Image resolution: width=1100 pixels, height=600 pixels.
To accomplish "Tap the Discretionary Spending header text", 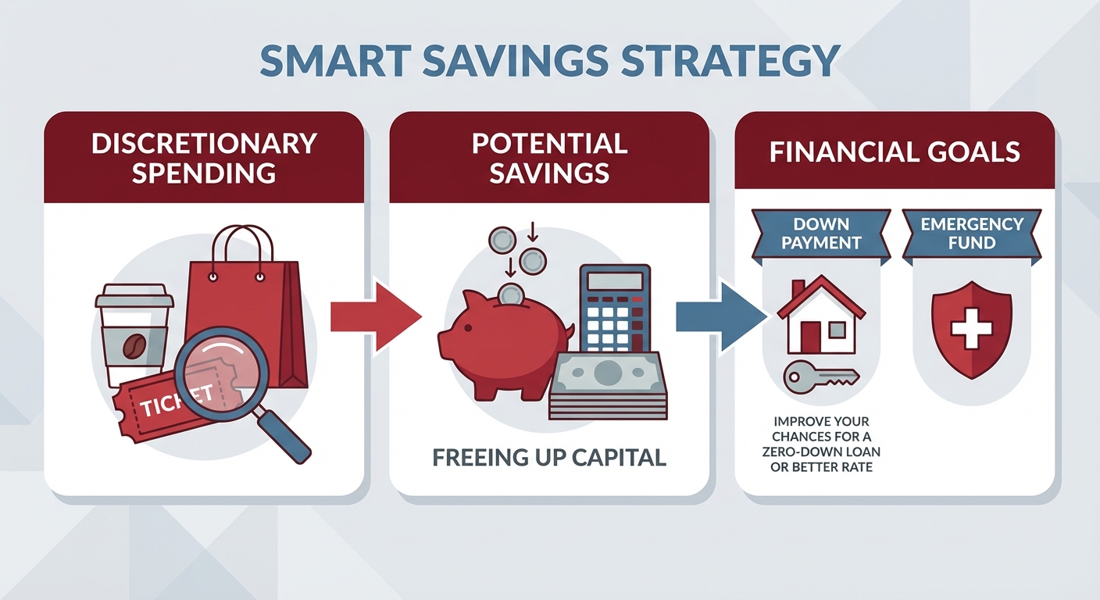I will [x=204, y=157].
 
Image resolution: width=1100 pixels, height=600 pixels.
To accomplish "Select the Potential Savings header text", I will [x=549, y=157].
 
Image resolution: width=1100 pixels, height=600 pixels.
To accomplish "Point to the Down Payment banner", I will [x=820, y=233].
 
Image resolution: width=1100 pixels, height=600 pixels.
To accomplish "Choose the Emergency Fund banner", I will [x=972, y=233].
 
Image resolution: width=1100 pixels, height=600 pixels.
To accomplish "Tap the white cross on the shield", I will [x=972, y=326].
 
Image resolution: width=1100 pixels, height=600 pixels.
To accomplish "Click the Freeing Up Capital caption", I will [x=548, y=457].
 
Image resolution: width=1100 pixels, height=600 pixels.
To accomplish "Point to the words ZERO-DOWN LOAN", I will [x=820, y=452].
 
